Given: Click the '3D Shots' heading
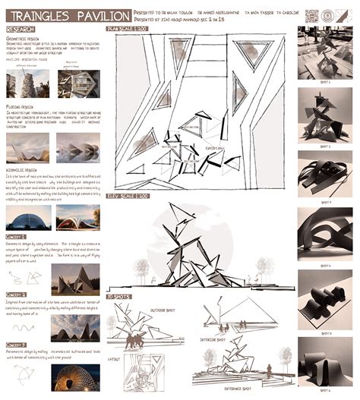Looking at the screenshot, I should pos(118,294).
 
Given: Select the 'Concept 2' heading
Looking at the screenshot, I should pos(17,294).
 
